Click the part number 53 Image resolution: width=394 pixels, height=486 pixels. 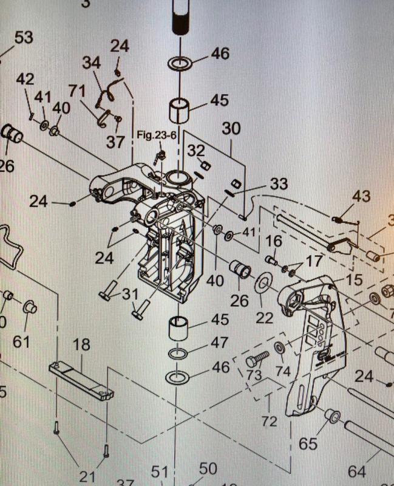(23, 38)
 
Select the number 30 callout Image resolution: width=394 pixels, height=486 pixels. (231, 129)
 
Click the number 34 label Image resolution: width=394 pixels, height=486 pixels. (92, 63)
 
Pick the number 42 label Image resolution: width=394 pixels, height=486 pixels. (25, 80)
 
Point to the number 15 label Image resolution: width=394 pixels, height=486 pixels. (354, 280)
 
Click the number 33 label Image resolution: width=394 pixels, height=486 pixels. (279, 183)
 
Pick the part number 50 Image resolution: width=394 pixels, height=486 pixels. (208, 469)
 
